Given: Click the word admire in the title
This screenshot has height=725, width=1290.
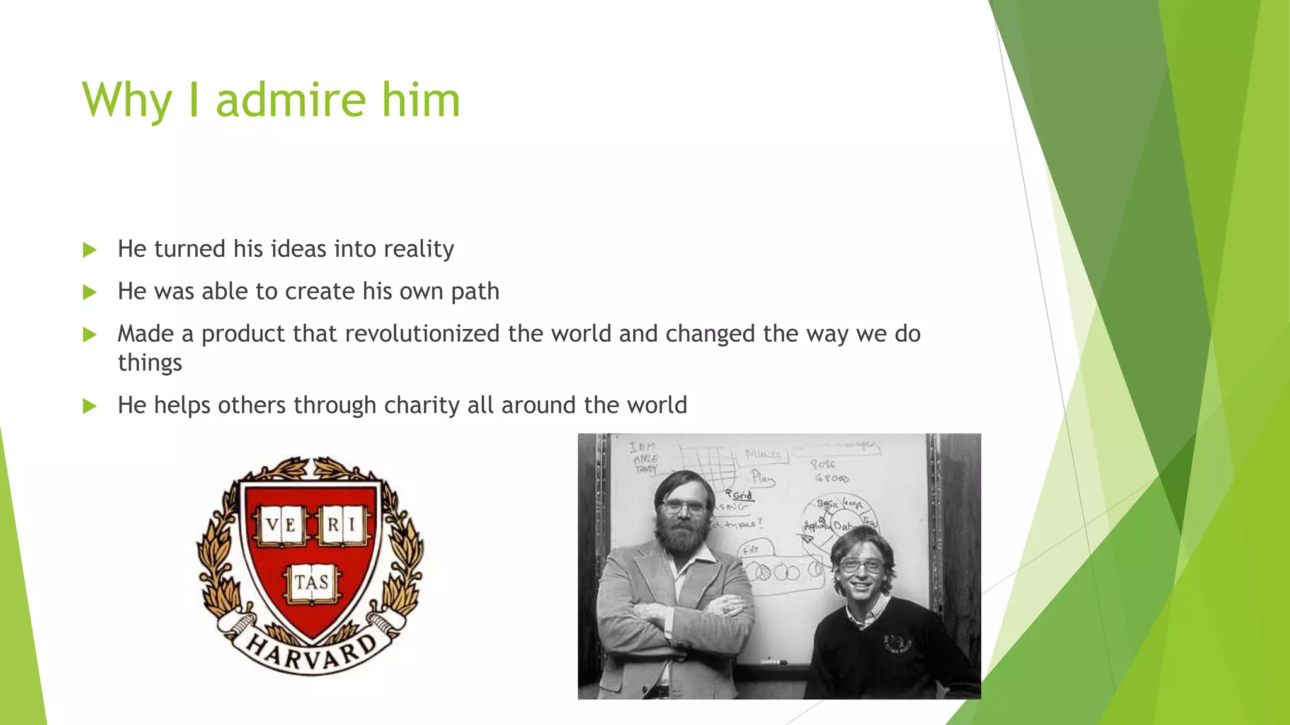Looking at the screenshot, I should click(290, 100).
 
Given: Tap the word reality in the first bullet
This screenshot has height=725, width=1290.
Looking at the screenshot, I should click(418, 249).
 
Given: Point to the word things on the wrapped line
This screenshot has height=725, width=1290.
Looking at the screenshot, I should click(150, 363).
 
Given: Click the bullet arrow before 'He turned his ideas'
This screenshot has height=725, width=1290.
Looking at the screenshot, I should click(89, 250).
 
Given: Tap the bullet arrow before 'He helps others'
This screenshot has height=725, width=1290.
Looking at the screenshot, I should click(89, 406).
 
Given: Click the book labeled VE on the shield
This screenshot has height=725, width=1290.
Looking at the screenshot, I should click(281, 524).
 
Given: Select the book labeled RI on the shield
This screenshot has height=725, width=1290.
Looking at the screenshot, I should click(342, 524).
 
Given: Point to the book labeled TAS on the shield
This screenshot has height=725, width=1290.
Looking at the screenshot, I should click(311, 582).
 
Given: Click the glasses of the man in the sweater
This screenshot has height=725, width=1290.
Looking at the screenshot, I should click(860, 566).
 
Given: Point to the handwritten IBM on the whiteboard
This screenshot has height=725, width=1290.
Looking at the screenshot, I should click(642, 447).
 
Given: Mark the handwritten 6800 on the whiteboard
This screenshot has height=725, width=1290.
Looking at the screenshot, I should click(831, 478).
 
